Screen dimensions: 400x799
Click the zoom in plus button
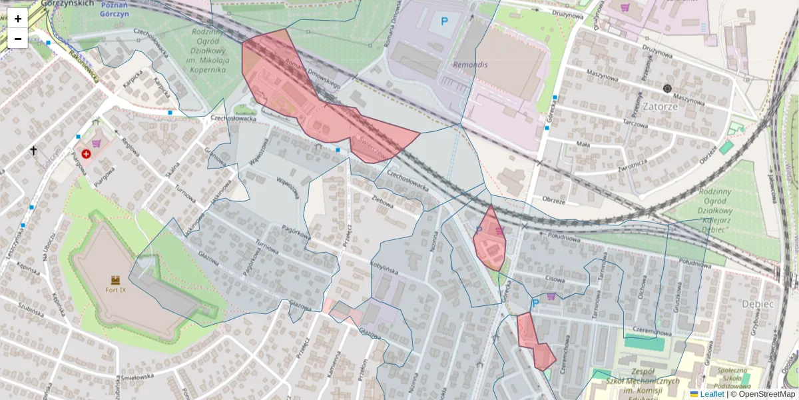click(18, 19)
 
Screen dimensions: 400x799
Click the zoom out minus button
click(18, 39)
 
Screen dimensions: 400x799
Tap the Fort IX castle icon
click(115, 280)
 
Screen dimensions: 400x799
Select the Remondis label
click(470, 65)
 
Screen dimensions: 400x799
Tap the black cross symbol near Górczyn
click(34, 151)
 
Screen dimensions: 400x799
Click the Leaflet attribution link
click(712, 394)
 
